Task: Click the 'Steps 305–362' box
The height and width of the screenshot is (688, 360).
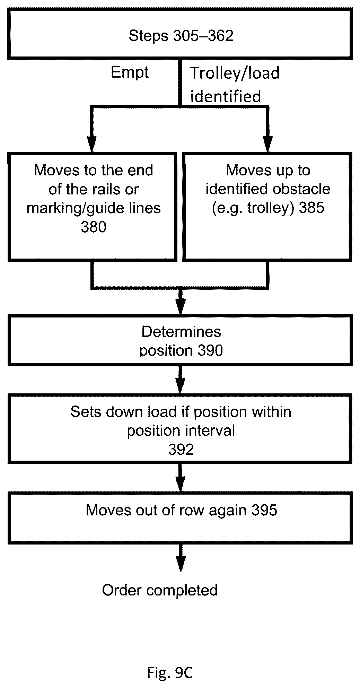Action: pos(180,34)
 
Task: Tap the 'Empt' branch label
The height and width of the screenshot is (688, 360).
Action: pos(130,73)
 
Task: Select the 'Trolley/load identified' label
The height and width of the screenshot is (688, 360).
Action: pos(235,85)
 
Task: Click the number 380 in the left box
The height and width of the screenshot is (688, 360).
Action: pos(94,227)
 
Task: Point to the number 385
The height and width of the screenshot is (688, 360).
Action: pos(311,208)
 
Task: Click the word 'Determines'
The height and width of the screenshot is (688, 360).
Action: pos(181,332)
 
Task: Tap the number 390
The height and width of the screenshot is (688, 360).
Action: pos(210,350)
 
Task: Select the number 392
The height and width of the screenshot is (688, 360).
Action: pos(181,450)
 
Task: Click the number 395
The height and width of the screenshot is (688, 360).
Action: pos(264,510)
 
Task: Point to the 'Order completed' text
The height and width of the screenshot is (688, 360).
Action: pos(160,590)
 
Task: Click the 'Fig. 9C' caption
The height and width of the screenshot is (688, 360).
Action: pos(170,673)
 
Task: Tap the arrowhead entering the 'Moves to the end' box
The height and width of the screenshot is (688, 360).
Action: pos(92,144)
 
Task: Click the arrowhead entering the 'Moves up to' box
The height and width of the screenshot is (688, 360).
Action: pos(268,144)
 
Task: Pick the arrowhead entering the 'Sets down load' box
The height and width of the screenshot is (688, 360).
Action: pos(181,385)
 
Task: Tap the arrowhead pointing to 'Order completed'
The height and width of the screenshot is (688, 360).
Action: pos(181,564)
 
